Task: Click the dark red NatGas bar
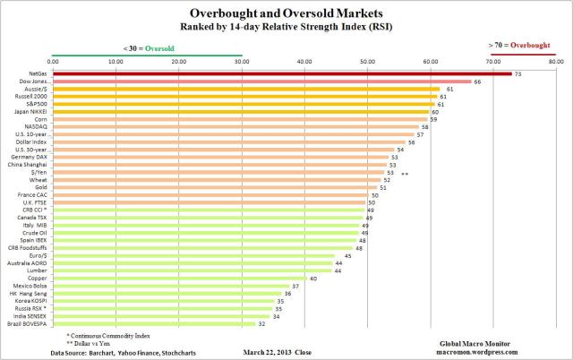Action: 281,73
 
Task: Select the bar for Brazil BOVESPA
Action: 153,323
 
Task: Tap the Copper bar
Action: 178,278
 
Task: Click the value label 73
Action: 518,73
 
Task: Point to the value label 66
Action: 477,81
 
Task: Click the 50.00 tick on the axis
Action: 368,61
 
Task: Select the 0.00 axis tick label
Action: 53,61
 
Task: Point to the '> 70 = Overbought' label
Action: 519,43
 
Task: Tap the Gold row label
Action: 40,186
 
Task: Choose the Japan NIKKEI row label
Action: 33,111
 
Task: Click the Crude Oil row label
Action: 36,232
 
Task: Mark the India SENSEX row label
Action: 32,315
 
